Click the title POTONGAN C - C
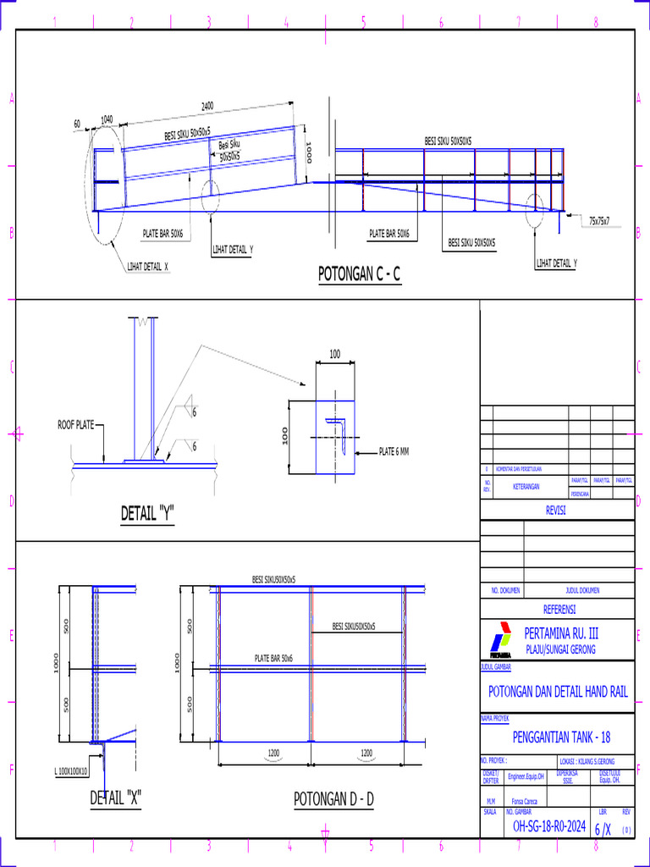coord(358,274)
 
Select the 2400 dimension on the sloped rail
coord(207,107)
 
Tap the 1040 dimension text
coord(107,120)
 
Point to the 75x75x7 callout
coord(605,221)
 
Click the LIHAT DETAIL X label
coord(148,266)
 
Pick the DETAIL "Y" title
coord(148,513)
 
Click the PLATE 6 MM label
coord(394,451)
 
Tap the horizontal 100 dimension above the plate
coord(334,354)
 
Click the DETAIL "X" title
coord(116,798)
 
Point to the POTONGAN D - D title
coord(333,798)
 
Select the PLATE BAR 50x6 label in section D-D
coord(273,658)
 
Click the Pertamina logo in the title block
coord(499,639)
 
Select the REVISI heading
coord(555,511)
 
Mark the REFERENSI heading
coord(559,609)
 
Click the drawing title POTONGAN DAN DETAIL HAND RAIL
coord(559,691)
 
